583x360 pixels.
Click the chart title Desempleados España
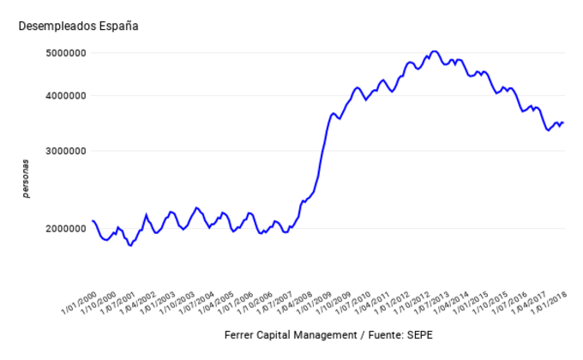[78, 26]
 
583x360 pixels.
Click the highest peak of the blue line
[434, 51]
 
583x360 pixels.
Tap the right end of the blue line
[563, 122]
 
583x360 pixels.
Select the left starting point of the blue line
[92, 221]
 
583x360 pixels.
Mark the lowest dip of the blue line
[130, 245]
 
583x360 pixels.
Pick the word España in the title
[117, 26]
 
